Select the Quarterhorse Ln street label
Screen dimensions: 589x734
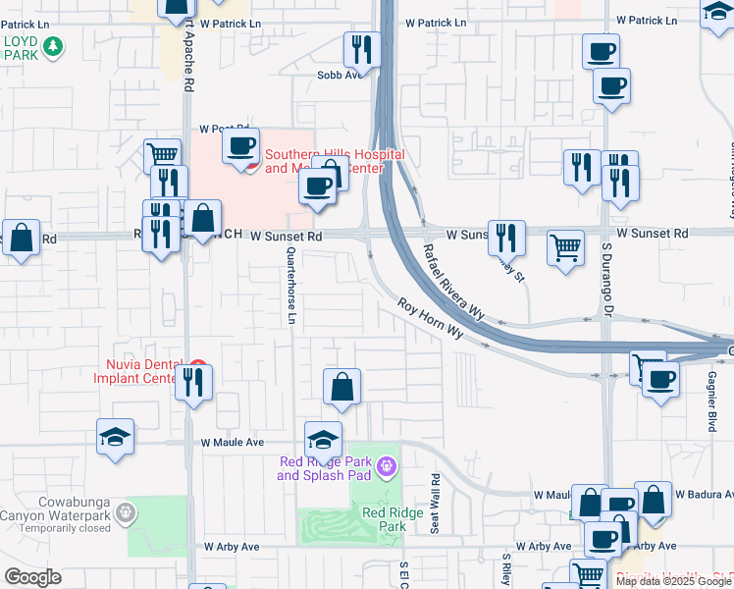(290, 286)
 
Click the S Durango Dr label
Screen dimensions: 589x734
(607, 285)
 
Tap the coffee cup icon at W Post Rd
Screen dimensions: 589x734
(240, 147)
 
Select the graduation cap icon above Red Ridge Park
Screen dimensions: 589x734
(324, 440)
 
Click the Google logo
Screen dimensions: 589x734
(32, 577)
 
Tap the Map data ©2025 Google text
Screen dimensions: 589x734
(673, 581)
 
